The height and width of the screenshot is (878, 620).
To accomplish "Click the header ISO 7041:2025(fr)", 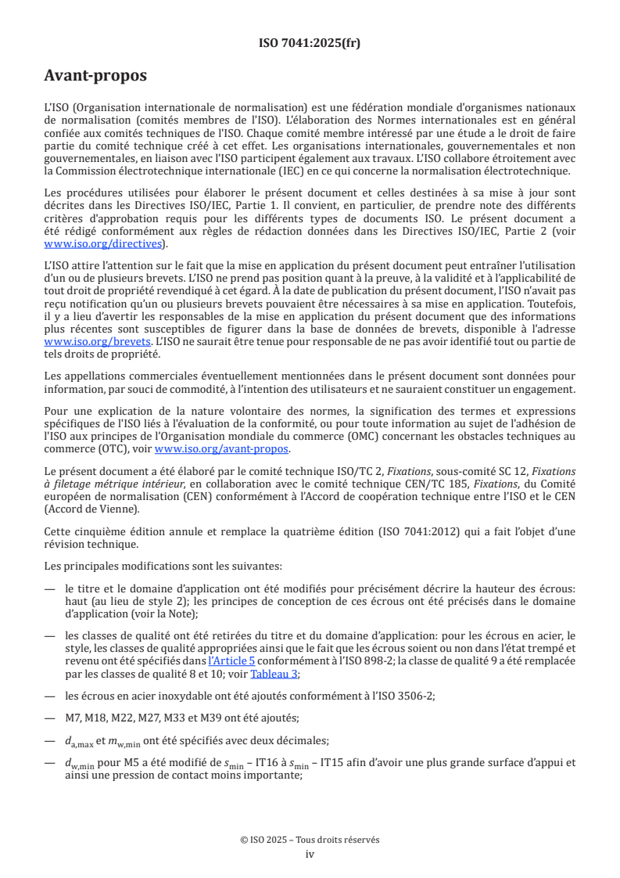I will [310, 44].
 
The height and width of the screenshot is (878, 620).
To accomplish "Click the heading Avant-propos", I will [95, 76].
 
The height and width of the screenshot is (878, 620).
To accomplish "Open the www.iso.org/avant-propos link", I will [222, 448].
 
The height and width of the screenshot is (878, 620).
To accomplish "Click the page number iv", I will [310, 854].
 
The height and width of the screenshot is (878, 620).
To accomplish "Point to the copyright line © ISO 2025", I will [310, 840].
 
